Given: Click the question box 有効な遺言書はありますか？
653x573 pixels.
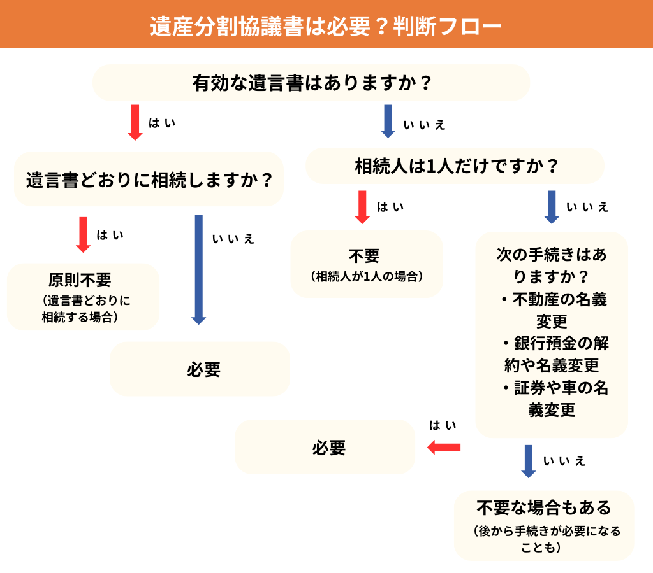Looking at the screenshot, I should (311, 83).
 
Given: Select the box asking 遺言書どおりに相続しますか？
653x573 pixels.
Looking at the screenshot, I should (149, 180).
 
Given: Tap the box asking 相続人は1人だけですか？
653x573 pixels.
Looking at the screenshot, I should (455, 167).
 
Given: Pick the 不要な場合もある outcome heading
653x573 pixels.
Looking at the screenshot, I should (544, 507).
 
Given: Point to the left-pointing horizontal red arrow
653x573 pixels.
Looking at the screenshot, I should (443, 448).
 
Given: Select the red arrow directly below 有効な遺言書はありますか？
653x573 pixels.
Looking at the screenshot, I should (135, 122).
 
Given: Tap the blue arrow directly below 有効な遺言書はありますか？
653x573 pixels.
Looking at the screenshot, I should (388, 121).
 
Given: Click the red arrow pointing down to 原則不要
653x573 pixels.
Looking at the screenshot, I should (84, 234).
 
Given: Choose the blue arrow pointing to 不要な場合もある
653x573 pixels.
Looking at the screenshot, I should (528, 461).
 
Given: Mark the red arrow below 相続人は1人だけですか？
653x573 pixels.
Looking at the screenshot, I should (362, 207).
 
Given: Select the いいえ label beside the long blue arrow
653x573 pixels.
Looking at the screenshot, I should (233, 239).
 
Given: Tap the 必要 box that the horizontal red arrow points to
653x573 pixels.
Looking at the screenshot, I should (325, 448).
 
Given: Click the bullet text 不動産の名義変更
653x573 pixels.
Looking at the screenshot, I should (553, 309).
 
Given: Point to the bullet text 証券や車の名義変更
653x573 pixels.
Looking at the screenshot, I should (553, 399).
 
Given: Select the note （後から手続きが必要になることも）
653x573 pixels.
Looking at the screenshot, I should (544, 539).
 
